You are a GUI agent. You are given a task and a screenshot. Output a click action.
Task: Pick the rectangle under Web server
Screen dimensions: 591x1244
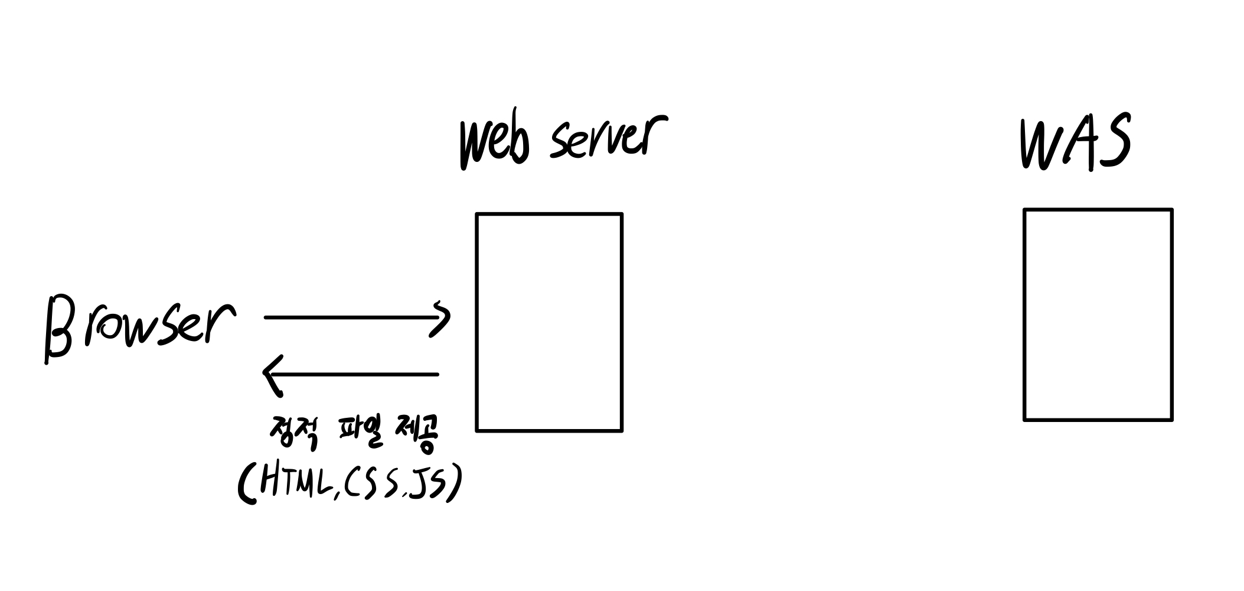[x=549, y=322]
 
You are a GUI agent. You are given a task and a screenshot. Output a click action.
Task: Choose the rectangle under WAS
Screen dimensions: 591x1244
[x=1098, y=314]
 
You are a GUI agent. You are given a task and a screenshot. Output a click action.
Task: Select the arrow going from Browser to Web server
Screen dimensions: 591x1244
[x=354, y=317]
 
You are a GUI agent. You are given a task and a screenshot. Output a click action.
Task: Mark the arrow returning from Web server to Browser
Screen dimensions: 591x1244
[x=354, y=374]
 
